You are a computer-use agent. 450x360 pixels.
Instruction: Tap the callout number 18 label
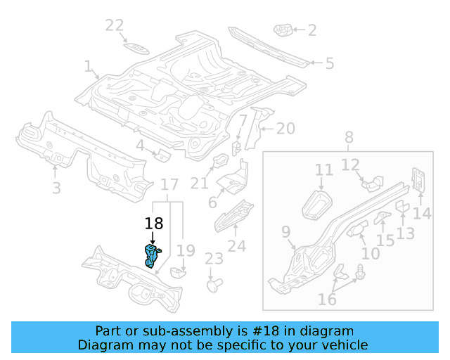(153, 224)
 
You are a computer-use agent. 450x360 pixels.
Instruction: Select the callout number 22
(115, 26)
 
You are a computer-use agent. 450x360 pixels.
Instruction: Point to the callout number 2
(312, 30)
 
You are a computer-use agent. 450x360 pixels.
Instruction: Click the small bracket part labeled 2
(283, 30)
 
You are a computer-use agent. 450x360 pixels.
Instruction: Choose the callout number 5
(329, 64)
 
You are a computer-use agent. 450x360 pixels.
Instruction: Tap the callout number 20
(285, 129)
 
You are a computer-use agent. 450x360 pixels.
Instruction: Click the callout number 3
(56, 188)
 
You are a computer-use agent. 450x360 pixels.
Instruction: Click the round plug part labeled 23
(214, 285)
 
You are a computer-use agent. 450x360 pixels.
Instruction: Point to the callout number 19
(185, 250)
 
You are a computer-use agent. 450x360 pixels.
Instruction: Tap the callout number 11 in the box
(323, 170)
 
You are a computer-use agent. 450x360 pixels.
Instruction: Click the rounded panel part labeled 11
(317, 203)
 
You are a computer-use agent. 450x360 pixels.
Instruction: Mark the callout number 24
(237, 246)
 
